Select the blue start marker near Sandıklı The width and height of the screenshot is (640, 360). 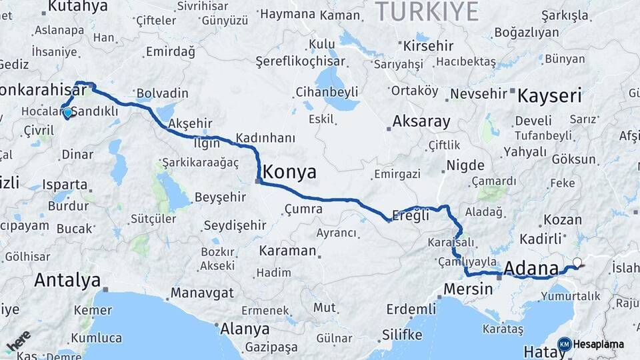(67, 113)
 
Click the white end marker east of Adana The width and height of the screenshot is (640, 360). (577, 263)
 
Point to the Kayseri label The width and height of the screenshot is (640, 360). (550, 95)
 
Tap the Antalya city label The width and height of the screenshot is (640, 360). (67, 280)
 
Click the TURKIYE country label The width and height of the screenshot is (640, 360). (427, 11)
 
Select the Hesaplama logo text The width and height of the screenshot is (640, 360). (598, 344)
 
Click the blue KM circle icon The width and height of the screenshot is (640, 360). (564, 344)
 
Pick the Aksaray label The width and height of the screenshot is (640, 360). (421, 122)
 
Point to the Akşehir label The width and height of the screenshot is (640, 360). (191, 123)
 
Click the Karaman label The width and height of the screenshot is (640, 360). (287, 251)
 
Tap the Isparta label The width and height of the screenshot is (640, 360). (65, 184)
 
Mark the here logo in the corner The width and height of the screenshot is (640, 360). (18, 341)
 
